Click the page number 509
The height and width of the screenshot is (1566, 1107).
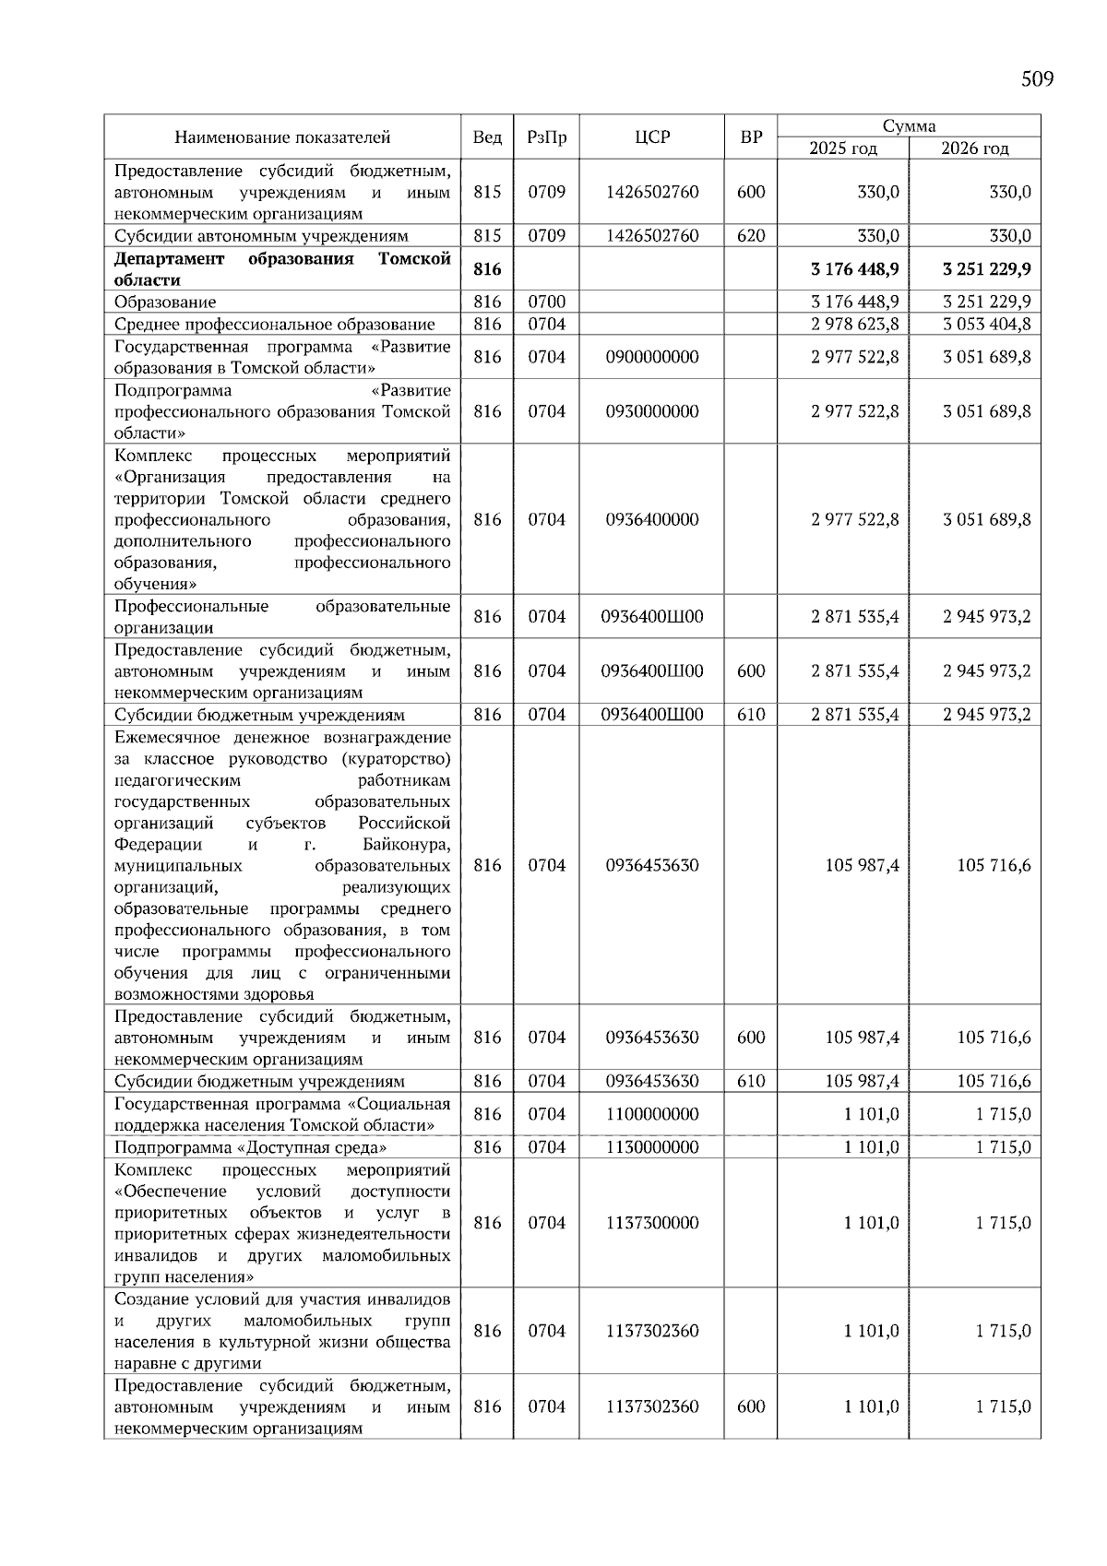(x=1037, y=79)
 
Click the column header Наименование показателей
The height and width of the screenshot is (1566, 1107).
(x=282, y=137)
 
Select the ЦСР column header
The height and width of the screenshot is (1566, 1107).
(x=652, y=137)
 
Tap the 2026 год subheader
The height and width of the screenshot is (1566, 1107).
(x=974, y=148)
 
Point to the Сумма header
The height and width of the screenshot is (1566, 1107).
(x=909, y=126)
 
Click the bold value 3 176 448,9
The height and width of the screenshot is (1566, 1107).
(x=854, y=269)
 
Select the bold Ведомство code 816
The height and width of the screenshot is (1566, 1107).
(x=486, y=269)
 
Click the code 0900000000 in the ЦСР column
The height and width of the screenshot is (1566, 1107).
(x=652, y=357)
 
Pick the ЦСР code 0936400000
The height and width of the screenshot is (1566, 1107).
(x=652, y=519)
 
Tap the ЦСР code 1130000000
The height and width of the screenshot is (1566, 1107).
(x=652, y=1147)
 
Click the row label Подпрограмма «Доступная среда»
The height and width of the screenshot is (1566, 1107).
(x=250, y=1147)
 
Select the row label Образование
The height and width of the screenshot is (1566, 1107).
(x=165, y=302)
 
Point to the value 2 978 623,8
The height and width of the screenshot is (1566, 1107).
(x=854, y=324)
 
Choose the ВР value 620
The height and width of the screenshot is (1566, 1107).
(x=751, y=235)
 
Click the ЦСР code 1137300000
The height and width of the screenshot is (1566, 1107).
(x=652, y=1223)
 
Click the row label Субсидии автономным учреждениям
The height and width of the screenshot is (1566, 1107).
(x=261, y=235)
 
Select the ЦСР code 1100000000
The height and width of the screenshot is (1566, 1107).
(x=652, y=1114)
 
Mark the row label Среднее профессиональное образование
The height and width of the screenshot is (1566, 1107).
(x=274, y=324)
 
